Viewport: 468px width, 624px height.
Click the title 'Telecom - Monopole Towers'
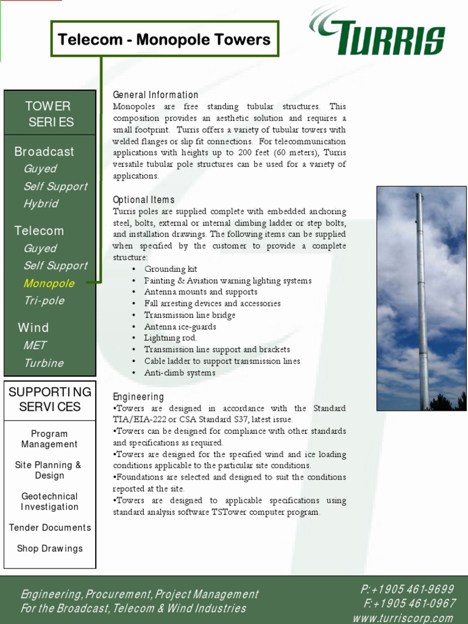click(164, 40)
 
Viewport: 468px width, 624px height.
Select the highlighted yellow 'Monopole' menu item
click(49, 283)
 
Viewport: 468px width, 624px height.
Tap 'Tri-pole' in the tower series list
click(44, 300)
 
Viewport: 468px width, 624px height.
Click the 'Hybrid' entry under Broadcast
click(41, 204)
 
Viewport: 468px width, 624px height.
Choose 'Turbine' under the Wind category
click(43, 363)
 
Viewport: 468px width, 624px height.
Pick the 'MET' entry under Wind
click(35, 346)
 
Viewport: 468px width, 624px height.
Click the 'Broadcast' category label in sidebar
click(44, 152)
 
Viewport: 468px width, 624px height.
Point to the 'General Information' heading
click(155, 95)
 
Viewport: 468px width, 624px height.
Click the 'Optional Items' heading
click(144, 200)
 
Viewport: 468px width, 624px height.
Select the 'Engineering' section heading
click(138, 397)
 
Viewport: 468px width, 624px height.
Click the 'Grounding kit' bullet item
click(171, 269)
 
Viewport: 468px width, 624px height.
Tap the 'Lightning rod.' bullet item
click(171, 338)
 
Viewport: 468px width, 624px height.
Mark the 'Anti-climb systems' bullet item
click(180, 372)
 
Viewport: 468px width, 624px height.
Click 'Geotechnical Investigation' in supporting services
click(49, 502)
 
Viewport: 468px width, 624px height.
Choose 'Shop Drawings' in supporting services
click(49, 548)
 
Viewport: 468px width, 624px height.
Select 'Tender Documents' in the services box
click(50, 528)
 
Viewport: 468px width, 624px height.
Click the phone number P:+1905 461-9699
click(407, 589)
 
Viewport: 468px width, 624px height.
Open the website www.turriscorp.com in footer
click(403, 618)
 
